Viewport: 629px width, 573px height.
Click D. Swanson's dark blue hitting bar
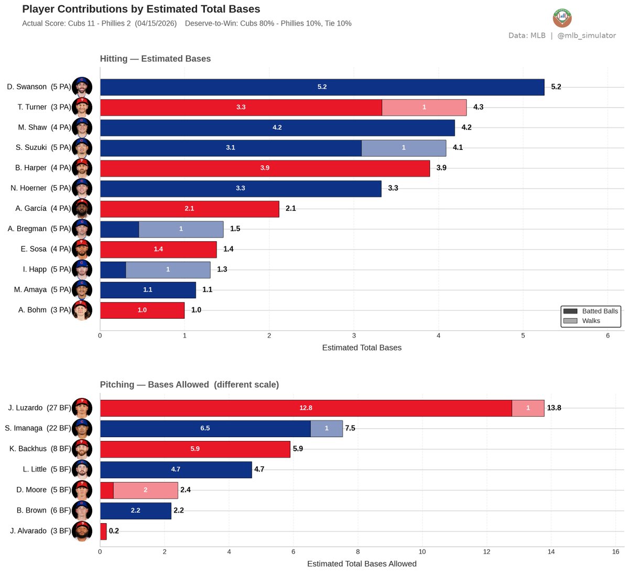tap(322, 87)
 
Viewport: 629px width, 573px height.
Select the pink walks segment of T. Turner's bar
tap(424, 107)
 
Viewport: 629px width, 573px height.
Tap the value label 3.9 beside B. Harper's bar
tap(441, 168)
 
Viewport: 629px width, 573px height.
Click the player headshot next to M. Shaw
tap(82, 127)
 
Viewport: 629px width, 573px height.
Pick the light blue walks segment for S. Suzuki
tap(404, 148)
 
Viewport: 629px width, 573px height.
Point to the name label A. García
tap(31, 209)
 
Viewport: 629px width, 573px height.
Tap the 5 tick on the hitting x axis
tap(523, 336)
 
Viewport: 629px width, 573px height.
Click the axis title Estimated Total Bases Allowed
tap(362, 564)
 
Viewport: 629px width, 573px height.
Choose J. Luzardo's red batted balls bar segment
tap(306, 408)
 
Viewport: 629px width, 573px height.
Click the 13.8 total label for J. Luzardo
tap(554, 408)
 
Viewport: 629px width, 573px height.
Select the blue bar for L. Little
tap(176, 469)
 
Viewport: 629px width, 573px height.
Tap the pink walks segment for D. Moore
tap(146, 490)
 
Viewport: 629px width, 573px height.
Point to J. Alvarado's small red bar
tap(103, 531)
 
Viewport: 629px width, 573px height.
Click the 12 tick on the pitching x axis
tap(486, 552)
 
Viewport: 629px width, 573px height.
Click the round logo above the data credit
tap(562, 18)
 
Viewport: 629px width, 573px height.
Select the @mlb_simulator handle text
tap(587, 36)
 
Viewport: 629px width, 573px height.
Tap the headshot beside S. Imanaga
tap(82, 428)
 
